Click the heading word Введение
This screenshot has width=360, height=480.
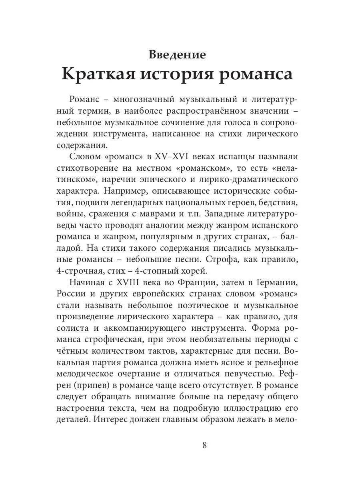point(177,54)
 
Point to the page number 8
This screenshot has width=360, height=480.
point(204,446)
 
